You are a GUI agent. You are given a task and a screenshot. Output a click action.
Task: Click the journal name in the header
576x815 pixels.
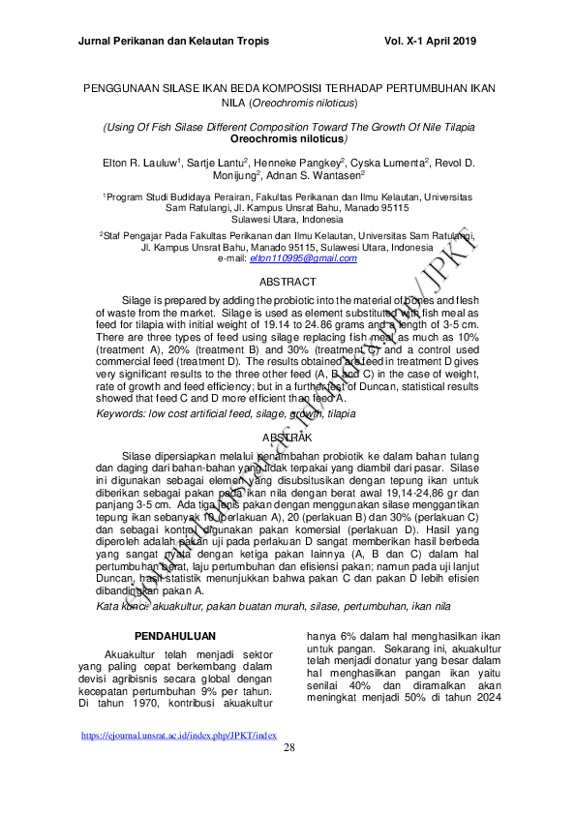172,42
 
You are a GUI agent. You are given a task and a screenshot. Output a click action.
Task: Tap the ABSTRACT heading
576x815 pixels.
288,281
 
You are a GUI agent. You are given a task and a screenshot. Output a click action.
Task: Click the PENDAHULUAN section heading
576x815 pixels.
172,636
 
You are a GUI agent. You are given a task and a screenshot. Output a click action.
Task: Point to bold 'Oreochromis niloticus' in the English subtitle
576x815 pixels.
288,139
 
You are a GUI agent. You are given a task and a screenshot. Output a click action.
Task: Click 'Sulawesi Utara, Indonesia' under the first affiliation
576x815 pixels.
288,219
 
